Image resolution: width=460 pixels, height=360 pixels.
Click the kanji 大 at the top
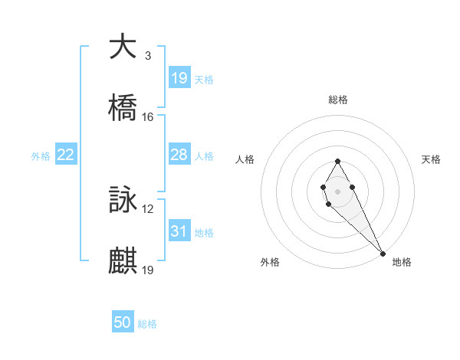(x=123, y=47)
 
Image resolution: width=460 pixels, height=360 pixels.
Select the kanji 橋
(x=123, y=109)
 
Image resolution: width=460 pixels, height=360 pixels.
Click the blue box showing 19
(x=179, y=78)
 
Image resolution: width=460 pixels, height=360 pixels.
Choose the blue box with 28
(x=179, y=155)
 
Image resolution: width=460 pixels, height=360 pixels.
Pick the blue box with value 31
(x=179, y=231)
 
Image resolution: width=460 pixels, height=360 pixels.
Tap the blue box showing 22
(x=66, y=155)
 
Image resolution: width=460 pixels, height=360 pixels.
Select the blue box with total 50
(x=123, y=322)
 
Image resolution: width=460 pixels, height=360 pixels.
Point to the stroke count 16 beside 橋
(x=148, y=117)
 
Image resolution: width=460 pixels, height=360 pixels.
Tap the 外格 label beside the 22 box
(x=41, y=156)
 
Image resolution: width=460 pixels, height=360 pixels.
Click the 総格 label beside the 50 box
(x=147, y=324)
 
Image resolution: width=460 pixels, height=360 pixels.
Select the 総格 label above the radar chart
(x=337, y=100)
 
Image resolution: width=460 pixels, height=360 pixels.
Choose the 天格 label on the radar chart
(x=431, y=159)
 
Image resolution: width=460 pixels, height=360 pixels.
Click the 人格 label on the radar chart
(x=245, y=159)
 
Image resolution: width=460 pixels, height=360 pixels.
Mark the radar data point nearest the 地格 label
(x=383, y=254)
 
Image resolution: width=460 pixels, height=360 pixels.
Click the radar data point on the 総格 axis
(x=337, y=161)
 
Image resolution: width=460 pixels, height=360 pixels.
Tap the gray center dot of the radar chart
(x=337, y=190)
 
